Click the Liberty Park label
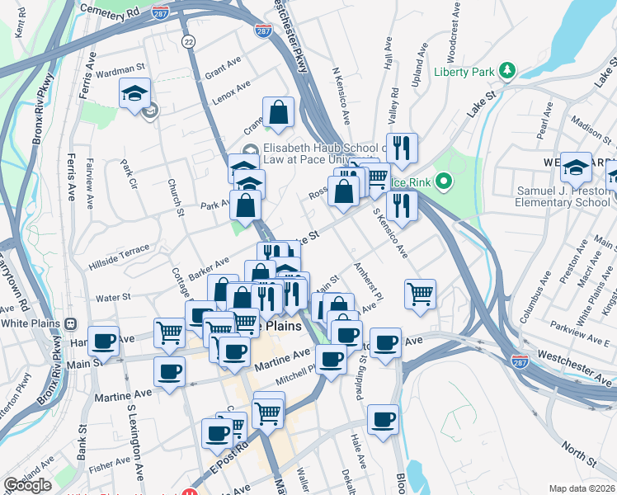pyautogui.click(x=464, y=72)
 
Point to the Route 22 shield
pyautogui.click(x=189, y=41)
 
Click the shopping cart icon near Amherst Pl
pyautogui.click(x=420, y=292)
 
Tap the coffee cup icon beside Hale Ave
pyautogui.click(x=383, y=419)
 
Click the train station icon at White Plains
pyautogui.click(x=70, y=323)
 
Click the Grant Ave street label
pyautogui.click(x=223, y=68)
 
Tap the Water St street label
pyautogui.click(x=114, y=296)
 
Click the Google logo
pyautogui.click(x=27, y=485)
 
